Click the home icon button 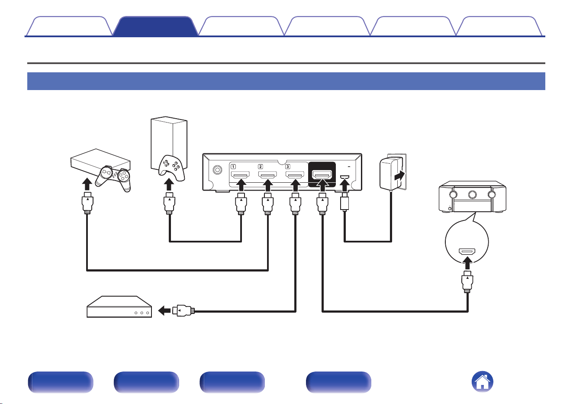(x=482, y=381)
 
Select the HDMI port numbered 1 (x=240, y=175)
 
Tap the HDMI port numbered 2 (x=267, y=175)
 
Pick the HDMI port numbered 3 (x=295, y=175)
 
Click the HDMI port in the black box (x=322, y=175)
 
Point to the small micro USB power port (x=344, y=177)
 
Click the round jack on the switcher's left (x=217, y=170)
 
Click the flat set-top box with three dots (x=119, y=307)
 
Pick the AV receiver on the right (x=473, y=197)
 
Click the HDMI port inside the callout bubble (x=467, y=252)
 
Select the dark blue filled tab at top (x=155, y=26)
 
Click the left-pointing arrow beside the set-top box (x=164, y=311)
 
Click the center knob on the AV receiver (x=472, y=195)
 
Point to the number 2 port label (x=261, y=167)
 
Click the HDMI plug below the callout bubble (x=467, y=282)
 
